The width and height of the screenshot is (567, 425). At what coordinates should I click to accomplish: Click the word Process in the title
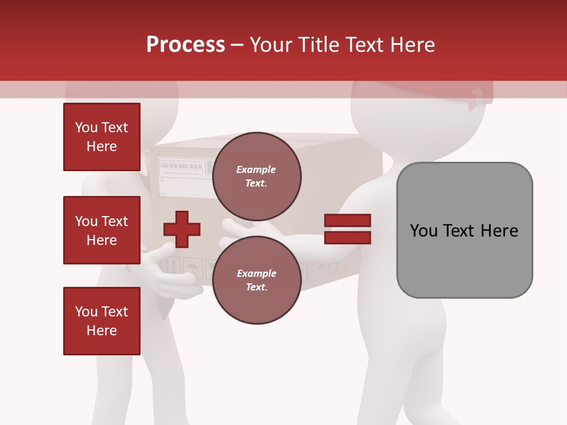[185, 45]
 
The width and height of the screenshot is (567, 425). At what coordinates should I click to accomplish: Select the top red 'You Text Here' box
[102, 137]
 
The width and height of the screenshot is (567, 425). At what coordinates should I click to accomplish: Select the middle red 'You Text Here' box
[102, 230]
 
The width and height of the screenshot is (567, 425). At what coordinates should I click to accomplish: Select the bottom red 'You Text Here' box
[102, 321]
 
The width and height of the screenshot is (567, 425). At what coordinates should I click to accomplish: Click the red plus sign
[182, 229]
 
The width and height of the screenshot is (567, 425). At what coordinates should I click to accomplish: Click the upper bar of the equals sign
[347, 220]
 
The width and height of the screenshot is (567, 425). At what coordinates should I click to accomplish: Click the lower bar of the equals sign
[347, 237]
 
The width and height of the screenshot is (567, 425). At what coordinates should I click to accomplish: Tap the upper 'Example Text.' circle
[256, 176]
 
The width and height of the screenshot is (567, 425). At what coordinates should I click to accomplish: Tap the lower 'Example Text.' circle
[256, 280]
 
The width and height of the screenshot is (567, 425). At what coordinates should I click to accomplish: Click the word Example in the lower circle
[256, 273]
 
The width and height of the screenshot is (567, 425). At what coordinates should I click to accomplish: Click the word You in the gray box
[423, 231]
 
